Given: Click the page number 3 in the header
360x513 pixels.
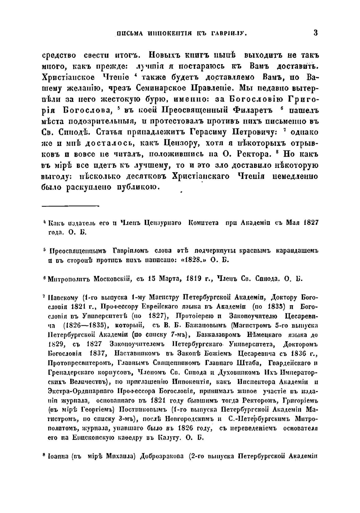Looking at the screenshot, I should click(x=315, y=33).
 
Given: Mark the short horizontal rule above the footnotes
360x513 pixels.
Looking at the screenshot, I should click(x=70, y=206).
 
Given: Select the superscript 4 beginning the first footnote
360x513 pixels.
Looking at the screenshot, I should click(x=44, y=222).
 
